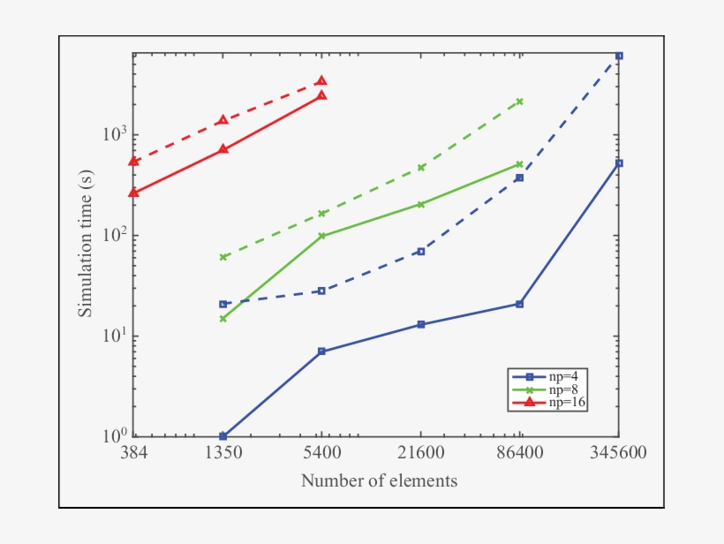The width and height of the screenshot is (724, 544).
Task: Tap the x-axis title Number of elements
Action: point(379,481)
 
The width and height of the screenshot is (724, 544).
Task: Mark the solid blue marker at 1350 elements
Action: point(223,436)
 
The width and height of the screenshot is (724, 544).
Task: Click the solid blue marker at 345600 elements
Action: point(619,163)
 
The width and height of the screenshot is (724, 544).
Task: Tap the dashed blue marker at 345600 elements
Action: point(619,56)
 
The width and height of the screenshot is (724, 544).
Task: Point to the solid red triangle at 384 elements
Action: point(133,192)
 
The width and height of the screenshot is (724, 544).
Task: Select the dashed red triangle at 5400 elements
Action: point(321,80)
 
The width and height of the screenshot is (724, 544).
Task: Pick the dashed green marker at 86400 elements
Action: point(520,102)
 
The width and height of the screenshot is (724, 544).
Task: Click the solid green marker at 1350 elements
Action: point(223,319)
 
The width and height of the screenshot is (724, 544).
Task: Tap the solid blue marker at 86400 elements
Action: point(520,304)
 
